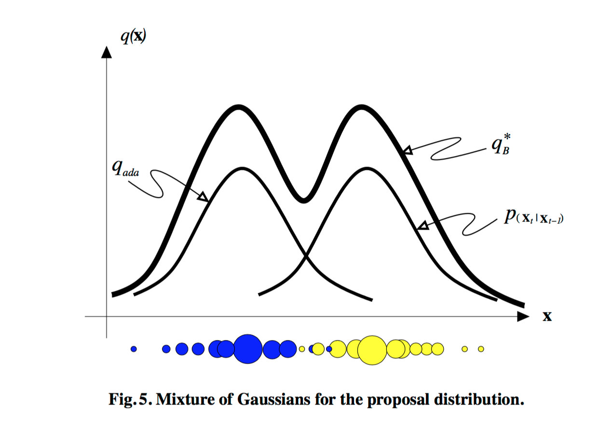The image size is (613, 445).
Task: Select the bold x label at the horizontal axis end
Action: (547, 316)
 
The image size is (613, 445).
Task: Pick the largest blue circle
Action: (248, 348)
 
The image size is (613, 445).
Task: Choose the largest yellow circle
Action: (372, 349)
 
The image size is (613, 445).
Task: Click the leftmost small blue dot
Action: (134, 349)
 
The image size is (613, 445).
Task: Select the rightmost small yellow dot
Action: (480, 349)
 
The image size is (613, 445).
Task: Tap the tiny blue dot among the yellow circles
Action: (329, 349)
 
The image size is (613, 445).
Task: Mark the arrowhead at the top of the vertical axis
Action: (106, 51)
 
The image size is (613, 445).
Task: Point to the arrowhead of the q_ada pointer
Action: (204, 196)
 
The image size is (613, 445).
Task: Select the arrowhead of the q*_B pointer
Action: (408, 151)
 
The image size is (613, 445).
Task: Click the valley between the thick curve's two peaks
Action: (303, 199)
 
